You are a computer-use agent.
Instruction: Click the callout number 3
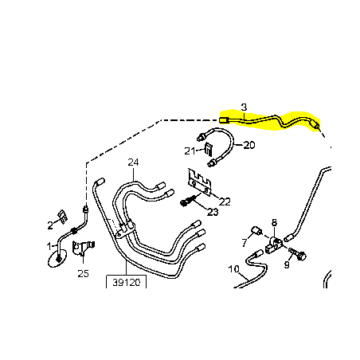(244, 108)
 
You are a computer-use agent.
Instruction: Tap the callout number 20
(249, 145)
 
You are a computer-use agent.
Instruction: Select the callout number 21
(190, 151)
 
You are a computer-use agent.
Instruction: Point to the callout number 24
(133, 162)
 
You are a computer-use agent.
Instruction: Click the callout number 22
(225, 202)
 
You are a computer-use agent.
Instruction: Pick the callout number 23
(213, 212)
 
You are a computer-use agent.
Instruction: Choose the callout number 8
(274, 222)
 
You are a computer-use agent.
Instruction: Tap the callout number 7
(245, 242)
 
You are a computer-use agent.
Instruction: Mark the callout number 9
(287, 264)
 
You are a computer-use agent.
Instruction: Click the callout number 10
(233, 269)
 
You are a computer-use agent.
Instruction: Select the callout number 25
(83, 273)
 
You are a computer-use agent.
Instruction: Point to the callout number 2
(50, 225)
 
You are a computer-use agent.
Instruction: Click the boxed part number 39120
(126, 283)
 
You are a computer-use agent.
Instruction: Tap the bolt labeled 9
(297, 254)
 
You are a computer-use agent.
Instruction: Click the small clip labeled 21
(209, 150)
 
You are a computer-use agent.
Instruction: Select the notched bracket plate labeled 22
(199, 182)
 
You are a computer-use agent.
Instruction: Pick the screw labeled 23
(188, 201)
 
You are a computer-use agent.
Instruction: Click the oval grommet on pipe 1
(57, 258)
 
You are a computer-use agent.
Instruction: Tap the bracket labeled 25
(83, 248)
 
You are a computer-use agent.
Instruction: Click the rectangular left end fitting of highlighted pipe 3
(224, 120)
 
